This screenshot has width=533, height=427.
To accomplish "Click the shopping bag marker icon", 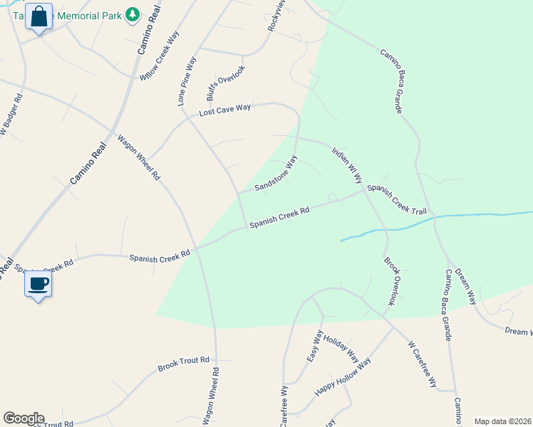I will click(39, 16).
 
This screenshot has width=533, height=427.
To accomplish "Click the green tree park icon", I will click(132, 15).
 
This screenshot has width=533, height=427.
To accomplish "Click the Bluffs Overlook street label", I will click(227, 84).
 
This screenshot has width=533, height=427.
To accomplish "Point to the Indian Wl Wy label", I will click(347, 166).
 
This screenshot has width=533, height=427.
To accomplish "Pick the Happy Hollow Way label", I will click(343, 378).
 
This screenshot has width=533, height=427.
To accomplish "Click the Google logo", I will click(24, 418).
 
